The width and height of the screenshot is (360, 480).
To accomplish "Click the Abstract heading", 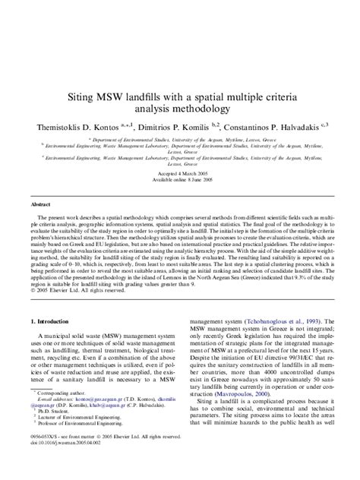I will tap(40, 205).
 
